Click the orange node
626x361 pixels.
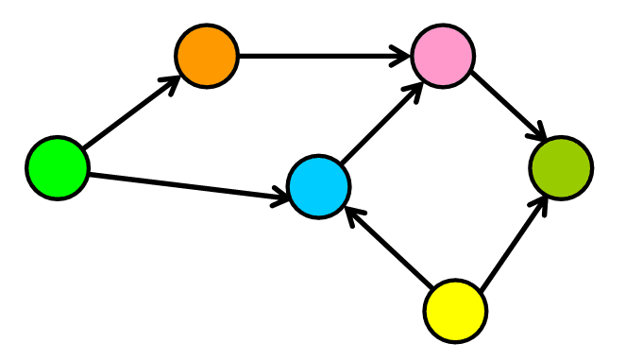click(x=207, y=57)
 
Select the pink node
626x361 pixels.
click(x=443, y=57)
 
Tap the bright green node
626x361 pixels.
click(x=58, y=168)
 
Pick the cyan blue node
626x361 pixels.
click(x=319, y=187)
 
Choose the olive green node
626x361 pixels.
click(x=561, y=168)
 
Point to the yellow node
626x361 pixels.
click(x=455, y=310)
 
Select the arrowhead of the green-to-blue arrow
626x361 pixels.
click(x=279, y=198)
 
